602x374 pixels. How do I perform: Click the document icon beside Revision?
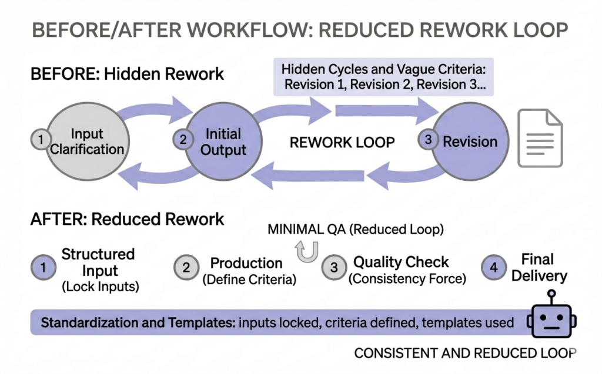pos(540,139)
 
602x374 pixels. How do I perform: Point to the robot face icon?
pos(551,322)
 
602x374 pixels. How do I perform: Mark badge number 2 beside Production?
pos(185,268)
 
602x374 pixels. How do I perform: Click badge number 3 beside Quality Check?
pos(333,268)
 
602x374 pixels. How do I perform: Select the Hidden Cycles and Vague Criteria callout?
pos(383,76)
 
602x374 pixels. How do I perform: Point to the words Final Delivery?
pos(539,267)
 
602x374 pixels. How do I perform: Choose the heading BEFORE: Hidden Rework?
pos(127,74)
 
